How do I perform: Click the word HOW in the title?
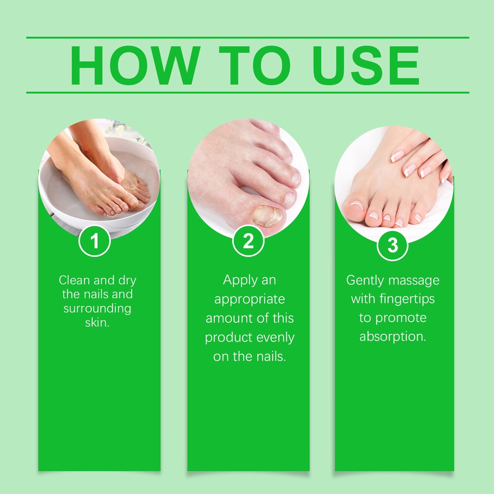(135, 66)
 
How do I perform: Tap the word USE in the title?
(366, 66)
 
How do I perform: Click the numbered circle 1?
(95, 241)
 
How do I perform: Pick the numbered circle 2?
(248, 241)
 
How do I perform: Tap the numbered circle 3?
(393, 245)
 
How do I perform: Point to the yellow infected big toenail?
(267, 216)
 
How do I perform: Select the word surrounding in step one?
(97, 309)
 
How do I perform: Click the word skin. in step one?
(97, 322)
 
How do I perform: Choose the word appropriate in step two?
(249, 300)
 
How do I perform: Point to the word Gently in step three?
(362, 280)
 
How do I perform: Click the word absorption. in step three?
(393, 337)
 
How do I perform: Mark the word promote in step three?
(401, 318)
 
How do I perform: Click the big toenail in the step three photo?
(356, 206)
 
